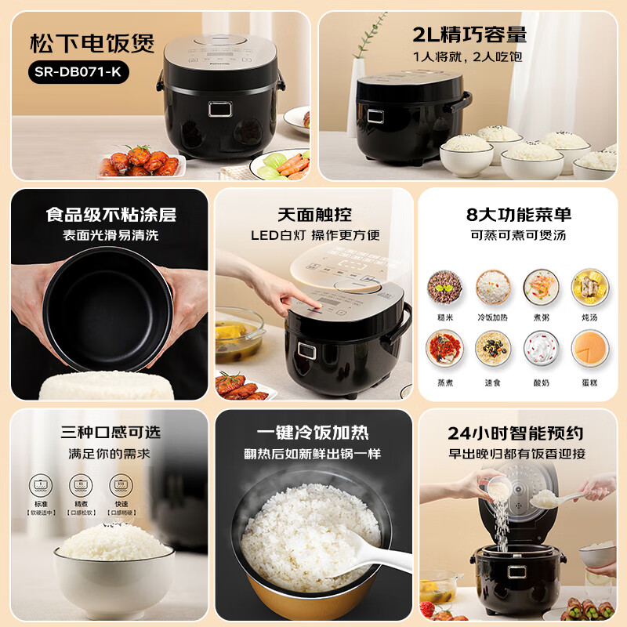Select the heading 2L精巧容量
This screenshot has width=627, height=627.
469,34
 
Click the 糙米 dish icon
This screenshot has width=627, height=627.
444,287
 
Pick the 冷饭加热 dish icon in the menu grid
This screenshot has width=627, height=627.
492,287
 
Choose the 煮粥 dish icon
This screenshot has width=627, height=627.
540,287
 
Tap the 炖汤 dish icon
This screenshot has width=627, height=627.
589,287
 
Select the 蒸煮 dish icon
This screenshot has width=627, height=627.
444,347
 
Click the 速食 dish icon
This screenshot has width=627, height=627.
492,347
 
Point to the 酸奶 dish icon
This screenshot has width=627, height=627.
540,347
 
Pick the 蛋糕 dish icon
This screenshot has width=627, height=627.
589,347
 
